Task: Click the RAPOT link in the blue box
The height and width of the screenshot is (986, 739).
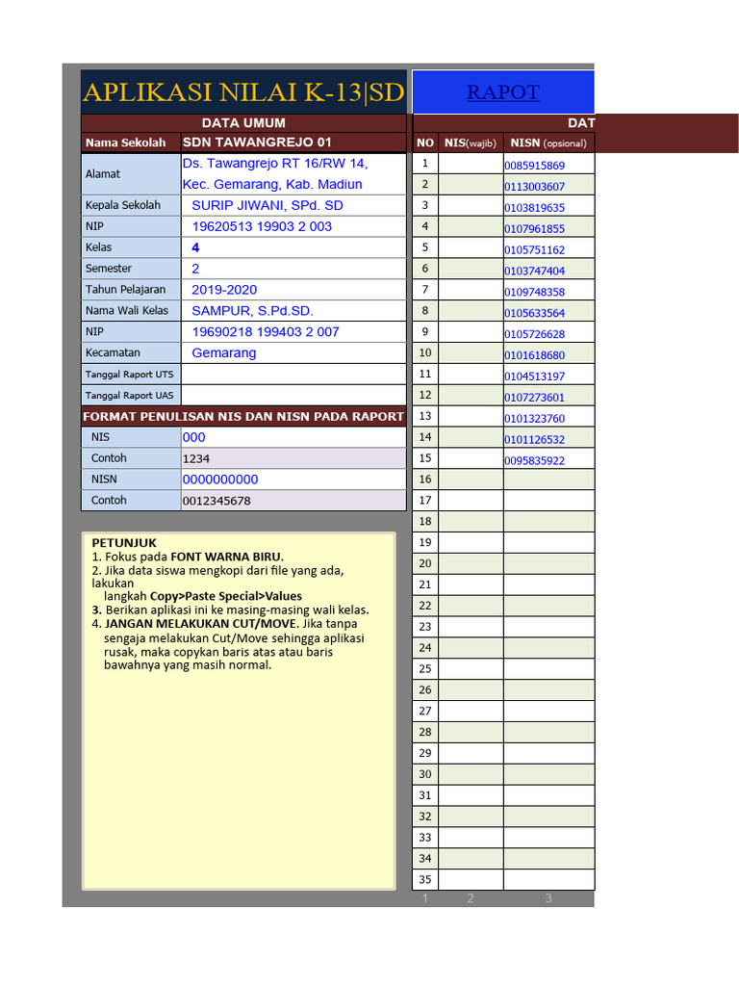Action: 502,92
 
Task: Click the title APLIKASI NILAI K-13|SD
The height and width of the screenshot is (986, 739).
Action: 243,92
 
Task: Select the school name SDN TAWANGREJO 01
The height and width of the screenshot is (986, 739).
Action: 257,143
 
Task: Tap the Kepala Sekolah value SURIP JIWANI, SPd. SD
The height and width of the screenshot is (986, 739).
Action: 267,205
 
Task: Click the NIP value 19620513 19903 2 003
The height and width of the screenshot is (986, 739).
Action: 262,226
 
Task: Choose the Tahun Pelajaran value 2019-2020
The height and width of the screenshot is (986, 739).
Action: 224,290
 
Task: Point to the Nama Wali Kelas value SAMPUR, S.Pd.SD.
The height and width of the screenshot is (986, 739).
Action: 252,311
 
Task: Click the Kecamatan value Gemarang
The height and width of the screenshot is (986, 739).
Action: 224,353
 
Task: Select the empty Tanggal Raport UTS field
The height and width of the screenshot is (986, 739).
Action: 293,375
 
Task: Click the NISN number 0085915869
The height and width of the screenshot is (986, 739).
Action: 535,166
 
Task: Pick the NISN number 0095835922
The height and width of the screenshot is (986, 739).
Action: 535,461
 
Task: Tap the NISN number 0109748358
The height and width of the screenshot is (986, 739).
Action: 535,292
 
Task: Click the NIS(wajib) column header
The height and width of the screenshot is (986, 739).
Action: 471,143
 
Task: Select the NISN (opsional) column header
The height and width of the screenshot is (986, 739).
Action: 548,143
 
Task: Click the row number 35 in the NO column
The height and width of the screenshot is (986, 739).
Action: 425,879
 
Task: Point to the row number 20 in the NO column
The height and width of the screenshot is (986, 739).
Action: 425,563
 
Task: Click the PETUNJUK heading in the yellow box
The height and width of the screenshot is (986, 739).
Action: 124,543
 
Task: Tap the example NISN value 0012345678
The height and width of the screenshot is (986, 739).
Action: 217,501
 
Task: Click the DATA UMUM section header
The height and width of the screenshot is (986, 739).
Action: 243,123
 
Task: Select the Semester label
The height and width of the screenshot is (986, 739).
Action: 109,269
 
